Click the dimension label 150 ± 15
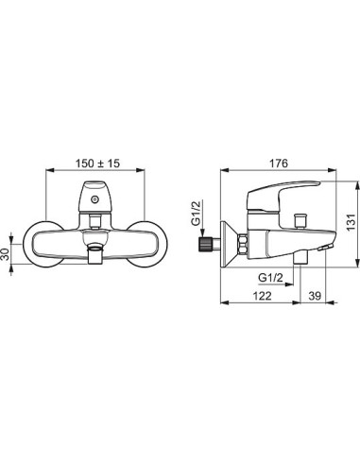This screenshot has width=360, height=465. coord(97,164)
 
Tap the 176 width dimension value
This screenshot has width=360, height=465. coord(278,164)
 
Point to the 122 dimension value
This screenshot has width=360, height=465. coord(262,296)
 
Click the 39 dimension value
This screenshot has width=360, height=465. coord(315,296)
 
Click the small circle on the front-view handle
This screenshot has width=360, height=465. coord(94,199)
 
